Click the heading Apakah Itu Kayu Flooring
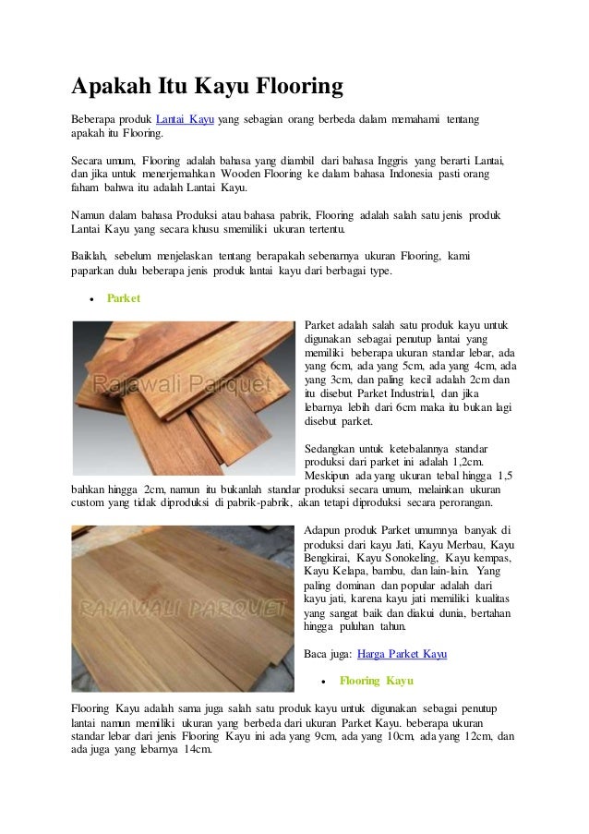pyautogui.click(x=208, y=88)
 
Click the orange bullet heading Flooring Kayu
pyautogui.click(x=376, y=681)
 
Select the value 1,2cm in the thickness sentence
pyautogui.click(x=478, y=462)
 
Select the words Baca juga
pyautogui.click(x=325, y=654)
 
